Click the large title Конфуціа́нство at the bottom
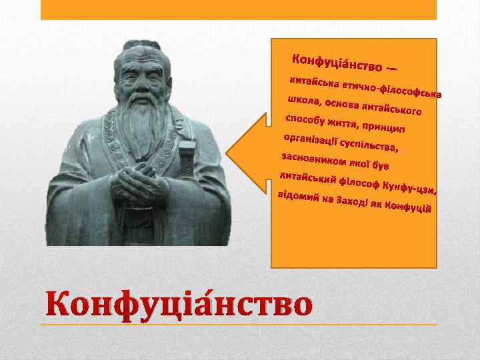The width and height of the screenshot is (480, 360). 179,305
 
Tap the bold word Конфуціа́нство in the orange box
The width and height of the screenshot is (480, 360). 339,63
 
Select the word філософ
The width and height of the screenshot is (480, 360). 359,182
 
